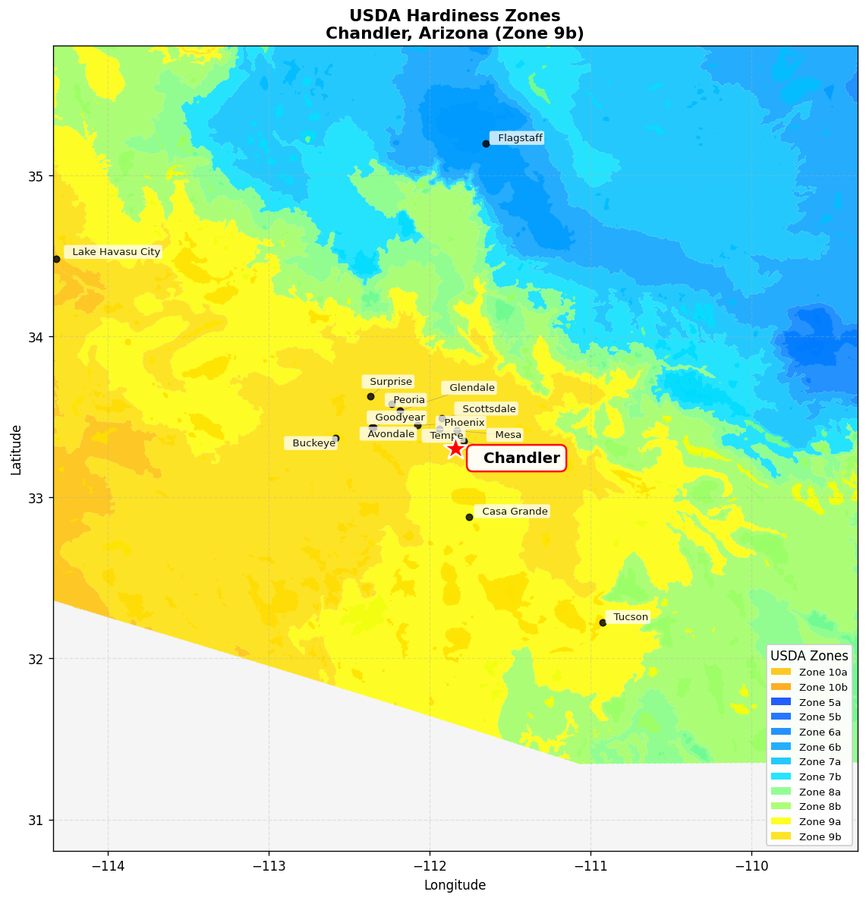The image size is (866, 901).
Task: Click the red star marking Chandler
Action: click(455, 449)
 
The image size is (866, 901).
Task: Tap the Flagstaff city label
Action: click(519, 138)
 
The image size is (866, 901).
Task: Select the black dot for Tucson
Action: click(603, 622)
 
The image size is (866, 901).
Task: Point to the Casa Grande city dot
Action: click(469, 517)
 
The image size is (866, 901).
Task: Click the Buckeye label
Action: click(313, 443)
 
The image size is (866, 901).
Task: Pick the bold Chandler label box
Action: click(520, 458)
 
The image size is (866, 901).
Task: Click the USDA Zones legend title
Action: click(809, 656)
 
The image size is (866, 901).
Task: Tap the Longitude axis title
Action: click(455, 885)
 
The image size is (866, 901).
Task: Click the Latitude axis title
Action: click(16, 449)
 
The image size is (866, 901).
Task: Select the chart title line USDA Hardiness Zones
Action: click(455, 16)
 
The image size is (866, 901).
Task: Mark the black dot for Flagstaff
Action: click(486, 143)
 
